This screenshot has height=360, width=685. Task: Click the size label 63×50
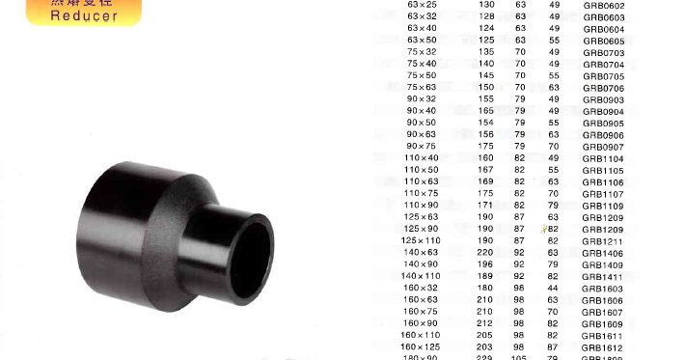[423, 40]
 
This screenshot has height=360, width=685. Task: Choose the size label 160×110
[420, 335]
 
